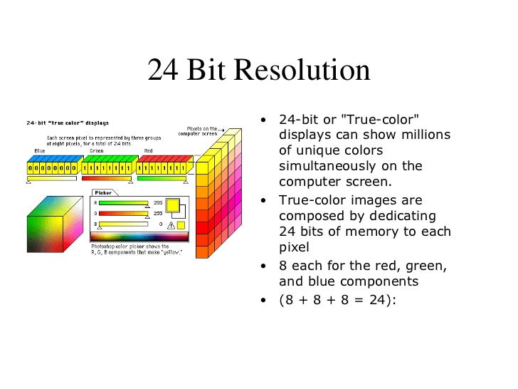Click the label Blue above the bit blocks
(40, 151)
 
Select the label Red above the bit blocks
(148, 151)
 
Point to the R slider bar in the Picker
(122, 202)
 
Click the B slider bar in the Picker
(122, 223)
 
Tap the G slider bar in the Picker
(122, 212)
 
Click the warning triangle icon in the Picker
(170, 225)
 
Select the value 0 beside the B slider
(160, 223)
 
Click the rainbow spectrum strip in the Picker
(140, 235)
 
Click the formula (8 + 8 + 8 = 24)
(336, 299)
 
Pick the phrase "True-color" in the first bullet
(382, 118)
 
